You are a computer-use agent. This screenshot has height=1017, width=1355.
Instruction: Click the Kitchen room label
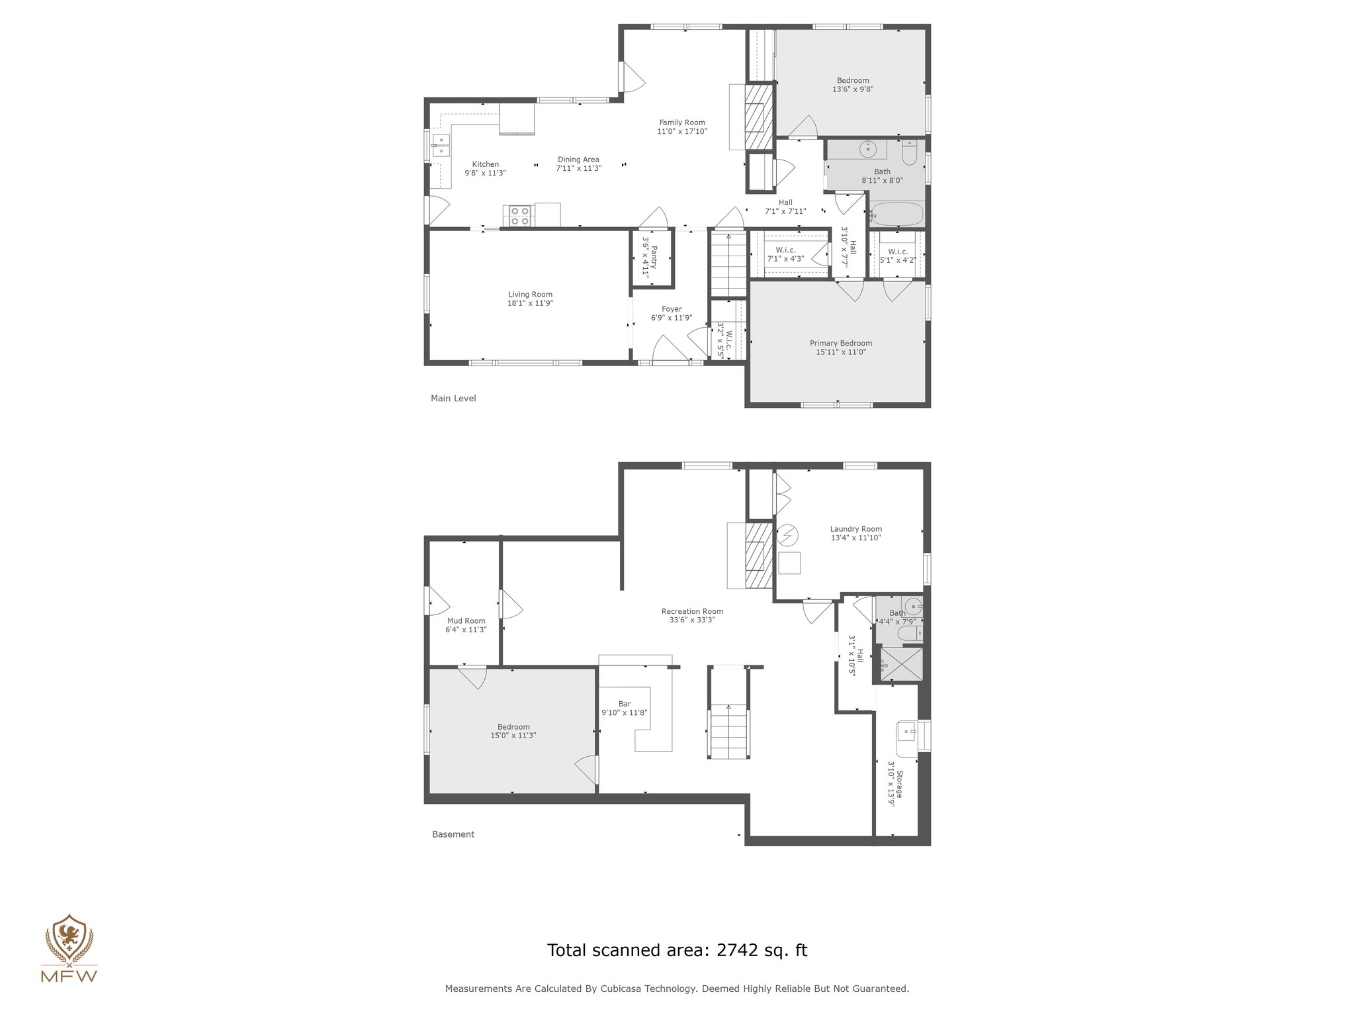click(x=485, y=164)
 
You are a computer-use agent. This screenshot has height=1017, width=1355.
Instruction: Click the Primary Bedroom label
click(x=840, y=343)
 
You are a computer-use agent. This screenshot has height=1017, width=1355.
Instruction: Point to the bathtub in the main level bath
click(x=897, y=214)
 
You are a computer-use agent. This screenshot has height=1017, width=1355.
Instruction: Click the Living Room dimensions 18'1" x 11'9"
click(x=530, y=303)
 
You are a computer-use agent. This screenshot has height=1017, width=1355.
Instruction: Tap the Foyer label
click(x=672, y=309)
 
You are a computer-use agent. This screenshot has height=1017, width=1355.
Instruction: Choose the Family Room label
click(x=681, y=122)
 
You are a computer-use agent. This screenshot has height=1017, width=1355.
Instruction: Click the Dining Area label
click(x=578, y=160)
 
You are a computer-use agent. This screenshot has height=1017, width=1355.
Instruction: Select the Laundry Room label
click(x=855, y=529)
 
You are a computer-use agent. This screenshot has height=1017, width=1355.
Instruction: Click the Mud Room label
click(x=466, y=621)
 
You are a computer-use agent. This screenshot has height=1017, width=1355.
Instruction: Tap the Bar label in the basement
click(x=624, y=704)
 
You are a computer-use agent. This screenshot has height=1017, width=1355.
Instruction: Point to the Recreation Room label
click(x=692, y=611)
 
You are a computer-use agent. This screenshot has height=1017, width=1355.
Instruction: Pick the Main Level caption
click(x=453, y=399)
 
